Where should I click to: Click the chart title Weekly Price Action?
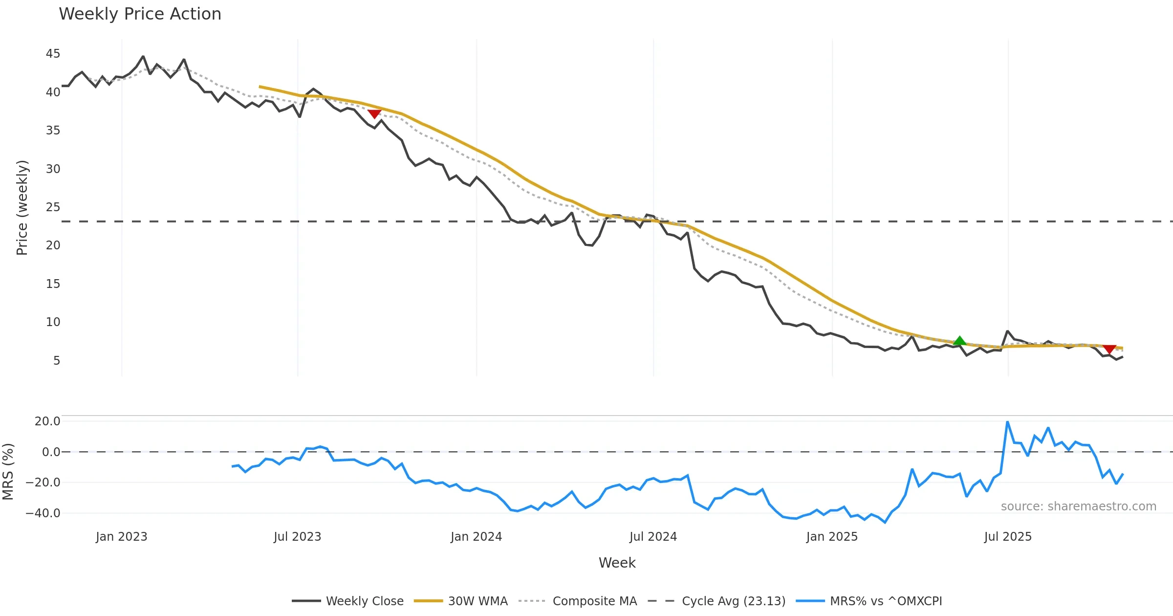(x=140, y=14)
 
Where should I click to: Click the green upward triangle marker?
(x=959, y=341)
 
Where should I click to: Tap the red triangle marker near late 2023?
(x=374, y=114)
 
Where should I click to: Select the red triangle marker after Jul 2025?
(x=1109, y=349)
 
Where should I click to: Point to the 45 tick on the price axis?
(x=53, y=54)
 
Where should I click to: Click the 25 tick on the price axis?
(x=53, y=207)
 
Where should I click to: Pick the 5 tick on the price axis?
(x=57, y=361)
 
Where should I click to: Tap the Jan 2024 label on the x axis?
(x=476, y=537)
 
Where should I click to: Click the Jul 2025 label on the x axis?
(x=1008, y=537)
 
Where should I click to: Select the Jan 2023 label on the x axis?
(x=121, y=537)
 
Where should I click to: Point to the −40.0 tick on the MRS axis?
(x=43, y=513)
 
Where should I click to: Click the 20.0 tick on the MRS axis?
(x=47, y=421)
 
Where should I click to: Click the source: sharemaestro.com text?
(x=1078, y=506)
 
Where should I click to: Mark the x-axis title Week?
(x=617, y=563)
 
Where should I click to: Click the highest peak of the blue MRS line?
(x=1007, y=422)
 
